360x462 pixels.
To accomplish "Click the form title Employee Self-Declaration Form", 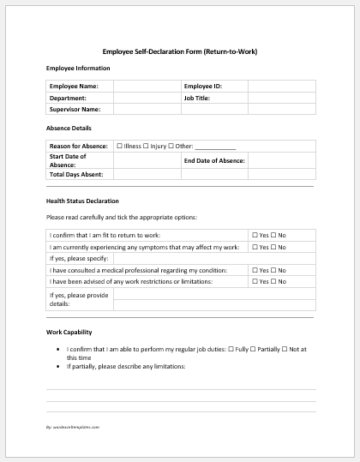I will [179, 51].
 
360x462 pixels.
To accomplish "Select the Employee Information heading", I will [78, 68].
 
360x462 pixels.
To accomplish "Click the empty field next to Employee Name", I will [147, 87].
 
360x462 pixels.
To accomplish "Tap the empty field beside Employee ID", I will [281, 87].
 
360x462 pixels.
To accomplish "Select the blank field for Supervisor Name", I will [147, 109].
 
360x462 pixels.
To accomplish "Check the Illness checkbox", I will [119, 147].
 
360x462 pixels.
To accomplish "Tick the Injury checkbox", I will [146, 147].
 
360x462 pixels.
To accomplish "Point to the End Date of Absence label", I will [214, 160].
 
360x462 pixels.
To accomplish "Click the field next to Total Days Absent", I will [147, 174].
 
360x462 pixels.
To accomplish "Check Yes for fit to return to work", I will [255, 235].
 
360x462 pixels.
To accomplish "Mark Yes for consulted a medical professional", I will [255, 268].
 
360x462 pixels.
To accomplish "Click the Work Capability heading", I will [69, 332].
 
